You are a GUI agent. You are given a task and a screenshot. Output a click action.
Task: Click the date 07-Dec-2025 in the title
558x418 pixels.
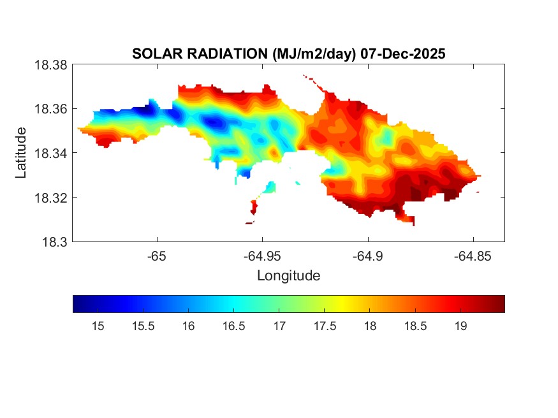click(402, 54)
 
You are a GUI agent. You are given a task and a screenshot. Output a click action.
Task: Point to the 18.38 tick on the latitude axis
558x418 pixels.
click(50, 65)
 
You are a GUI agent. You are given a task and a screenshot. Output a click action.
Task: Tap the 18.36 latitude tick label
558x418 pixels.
click(50, 109)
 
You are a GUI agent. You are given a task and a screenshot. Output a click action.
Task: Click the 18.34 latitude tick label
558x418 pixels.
click(50, 154)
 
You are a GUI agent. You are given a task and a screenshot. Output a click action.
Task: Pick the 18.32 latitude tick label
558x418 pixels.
click(50, 198)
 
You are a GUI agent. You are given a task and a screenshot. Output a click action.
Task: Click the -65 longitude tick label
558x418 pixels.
click(157, 256)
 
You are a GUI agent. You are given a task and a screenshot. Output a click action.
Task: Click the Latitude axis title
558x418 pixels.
click(22, 153)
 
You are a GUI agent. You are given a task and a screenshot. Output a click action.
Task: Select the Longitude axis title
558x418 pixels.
click(288, 276)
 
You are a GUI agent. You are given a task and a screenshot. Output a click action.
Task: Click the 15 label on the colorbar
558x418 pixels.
click(98, 326)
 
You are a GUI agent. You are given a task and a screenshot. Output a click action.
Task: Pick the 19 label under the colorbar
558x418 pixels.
click(460, 326)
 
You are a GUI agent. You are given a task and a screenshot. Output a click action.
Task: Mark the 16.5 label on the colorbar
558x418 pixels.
click(234, 326)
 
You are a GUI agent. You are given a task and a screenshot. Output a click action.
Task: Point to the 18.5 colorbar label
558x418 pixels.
click(415, 326)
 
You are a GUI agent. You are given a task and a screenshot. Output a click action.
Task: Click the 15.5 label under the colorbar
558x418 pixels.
click(143, 326)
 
